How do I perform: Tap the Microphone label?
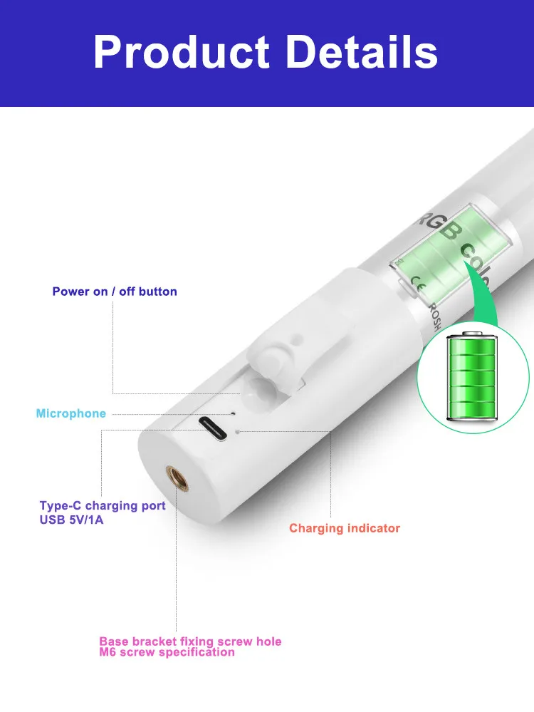tap(71, 413)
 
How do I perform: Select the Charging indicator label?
tap(345, 528)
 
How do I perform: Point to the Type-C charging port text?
tap(103, 505)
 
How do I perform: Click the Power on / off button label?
tap(115, 291)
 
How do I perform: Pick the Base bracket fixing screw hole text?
tap(190, 641)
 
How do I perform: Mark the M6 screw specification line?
tap(167, 652)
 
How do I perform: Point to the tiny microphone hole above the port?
tap(233, 413)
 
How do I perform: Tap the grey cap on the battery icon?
tap(472, 334)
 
